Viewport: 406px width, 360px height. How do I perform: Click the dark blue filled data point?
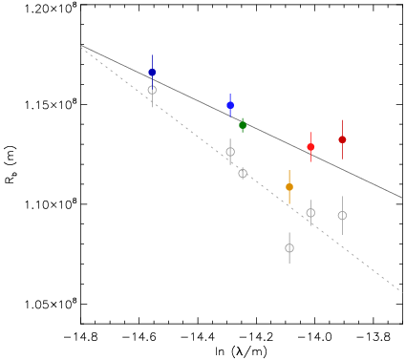pos(152,73)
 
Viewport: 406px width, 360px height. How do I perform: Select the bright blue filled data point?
pos(230,105)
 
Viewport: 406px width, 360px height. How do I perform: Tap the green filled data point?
pos(243,125)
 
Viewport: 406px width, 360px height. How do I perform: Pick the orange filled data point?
pos(289,187)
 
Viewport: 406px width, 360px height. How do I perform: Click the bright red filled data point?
pos(310,147)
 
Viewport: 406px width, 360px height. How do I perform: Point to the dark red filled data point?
pos(342,139)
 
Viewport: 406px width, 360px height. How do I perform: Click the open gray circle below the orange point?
pos(289,248)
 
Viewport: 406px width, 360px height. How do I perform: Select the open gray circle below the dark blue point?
pos(152,90)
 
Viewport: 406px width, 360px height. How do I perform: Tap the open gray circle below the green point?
pos(243,174)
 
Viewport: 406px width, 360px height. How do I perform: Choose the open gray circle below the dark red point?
pos(342,216)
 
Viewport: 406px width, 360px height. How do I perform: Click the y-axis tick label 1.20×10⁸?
pos(51,8)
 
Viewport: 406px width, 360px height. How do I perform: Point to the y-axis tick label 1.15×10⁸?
pos(51,104)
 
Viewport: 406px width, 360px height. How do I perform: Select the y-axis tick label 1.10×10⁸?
pos(51,204)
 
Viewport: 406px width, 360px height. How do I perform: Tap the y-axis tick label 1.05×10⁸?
pos(51,304)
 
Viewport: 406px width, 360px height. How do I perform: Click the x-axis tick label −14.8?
pos(81,337)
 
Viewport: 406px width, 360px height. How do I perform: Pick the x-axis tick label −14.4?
pos(198,337)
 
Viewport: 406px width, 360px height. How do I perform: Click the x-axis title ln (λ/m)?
pos(241,351)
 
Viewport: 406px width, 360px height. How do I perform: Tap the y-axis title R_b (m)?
pos(11,164)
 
